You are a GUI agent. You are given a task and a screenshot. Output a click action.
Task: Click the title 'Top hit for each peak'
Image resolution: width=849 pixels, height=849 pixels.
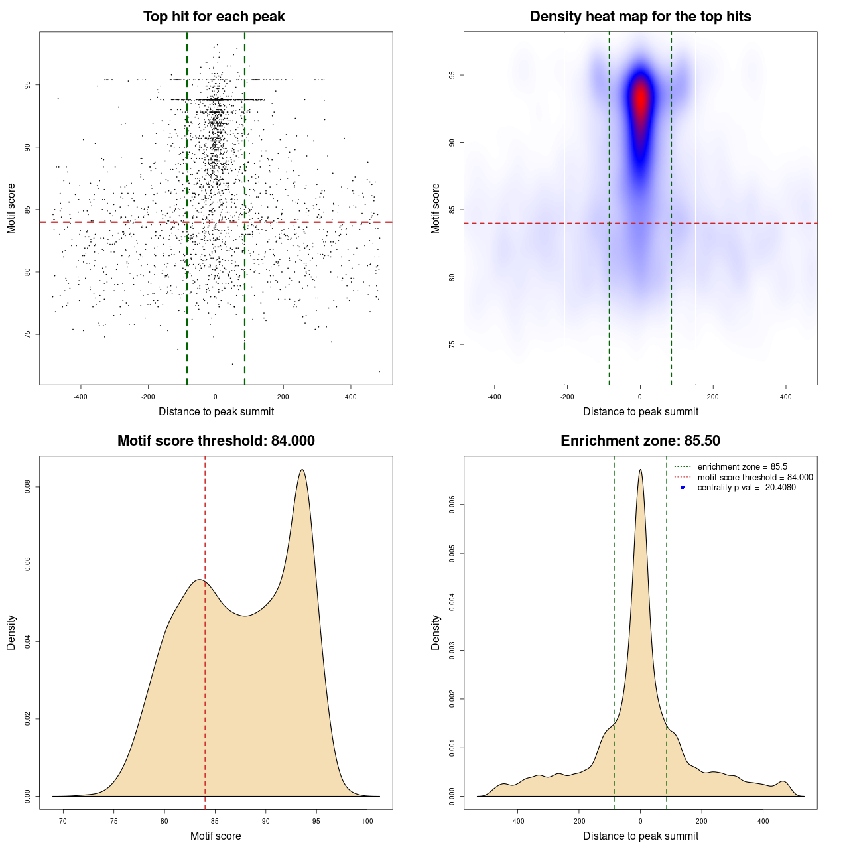point(214,17)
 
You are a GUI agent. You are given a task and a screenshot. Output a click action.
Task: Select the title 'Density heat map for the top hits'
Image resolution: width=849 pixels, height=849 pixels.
point(640,17)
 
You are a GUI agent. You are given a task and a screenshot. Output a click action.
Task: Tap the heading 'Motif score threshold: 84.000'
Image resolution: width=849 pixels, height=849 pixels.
point(216,441)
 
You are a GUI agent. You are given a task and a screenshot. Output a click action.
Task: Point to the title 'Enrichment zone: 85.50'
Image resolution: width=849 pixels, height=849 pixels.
point(640,441)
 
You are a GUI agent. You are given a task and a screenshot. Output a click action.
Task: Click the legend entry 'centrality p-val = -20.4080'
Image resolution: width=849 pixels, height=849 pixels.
point(746,488)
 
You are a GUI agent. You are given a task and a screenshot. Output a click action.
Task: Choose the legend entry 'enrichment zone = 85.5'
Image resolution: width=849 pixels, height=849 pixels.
point(742,467)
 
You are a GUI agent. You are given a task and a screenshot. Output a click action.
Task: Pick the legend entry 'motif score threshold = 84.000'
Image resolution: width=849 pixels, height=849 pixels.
point(755,478)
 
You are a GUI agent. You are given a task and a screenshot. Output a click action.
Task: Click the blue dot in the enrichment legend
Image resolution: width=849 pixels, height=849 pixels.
point(683,488)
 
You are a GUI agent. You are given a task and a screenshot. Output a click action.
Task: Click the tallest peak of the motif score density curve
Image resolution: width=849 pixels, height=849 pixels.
point(302,470)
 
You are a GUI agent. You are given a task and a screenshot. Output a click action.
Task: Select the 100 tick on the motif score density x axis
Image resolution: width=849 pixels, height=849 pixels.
point(367,821)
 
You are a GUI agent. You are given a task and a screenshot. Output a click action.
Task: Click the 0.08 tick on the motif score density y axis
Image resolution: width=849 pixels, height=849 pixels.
point(27,487)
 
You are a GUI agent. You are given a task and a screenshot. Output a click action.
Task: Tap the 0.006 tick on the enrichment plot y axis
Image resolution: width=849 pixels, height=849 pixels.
point(452,505)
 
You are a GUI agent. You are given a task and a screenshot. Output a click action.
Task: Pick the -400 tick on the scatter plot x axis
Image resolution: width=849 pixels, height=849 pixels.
point(81,397)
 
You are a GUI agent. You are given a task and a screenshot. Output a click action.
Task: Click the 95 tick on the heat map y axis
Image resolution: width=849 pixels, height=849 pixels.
point(452,76)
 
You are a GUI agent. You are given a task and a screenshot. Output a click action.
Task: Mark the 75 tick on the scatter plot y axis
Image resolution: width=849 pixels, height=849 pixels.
point(27,334)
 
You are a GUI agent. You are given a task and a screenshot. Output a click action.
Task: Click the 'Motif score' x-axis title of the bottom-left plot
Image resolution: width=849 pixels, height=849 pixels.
point(216,836)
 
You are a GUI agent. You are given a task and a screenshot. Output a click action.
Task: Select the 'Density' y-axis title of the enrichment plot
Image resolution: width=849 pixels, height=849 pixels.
point(436,632)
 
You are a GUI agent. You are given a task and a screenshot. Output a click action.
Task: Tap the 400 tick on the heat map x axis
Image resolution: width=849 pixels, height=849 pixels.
point(785,397)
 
